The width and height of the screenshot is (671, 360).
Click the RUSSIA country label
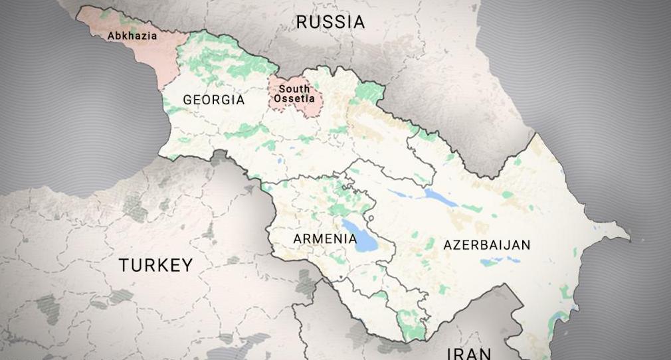[330, 22]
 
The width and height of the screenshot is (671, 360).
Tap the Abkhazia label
[133, 36]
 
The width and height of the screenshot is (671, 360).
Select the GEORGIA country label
[213, 100]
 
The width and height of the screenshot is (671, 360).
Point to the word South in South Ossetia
[294, 89]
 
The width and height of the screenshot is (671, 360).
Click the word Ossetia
[294, 98]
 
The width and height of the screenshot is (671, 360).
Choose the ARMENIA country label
[324, 238]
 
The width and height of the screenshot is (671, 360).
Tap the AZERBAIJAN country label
[487, 245]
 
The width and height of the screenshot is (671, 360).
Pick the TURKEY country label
[155, 266]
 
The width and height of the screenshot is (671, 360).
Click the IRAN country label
[469, 353]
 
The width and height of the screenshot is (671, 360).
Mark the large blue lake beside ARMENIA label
[364, 240]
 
